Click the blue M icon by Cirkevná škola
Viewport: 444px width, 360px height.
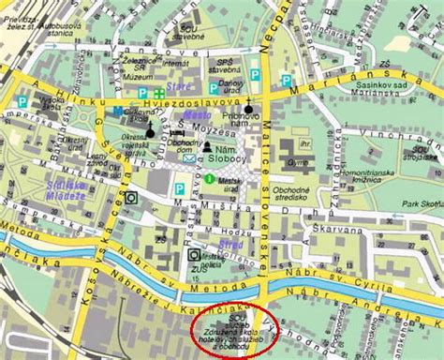coord(119,112)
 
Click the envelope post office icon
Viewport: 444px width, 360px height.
coord(190,158)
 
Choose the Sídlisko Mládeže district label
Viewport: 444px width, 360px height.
coord(67,190)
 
